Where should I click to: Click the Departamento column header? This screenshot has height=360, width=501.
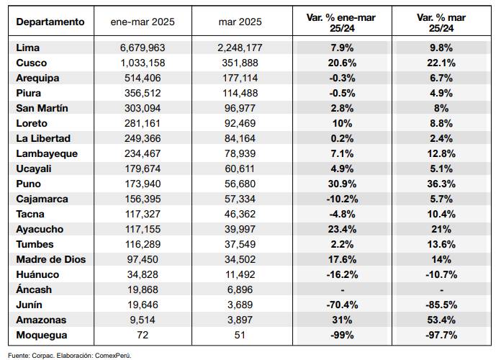tap(50, 22)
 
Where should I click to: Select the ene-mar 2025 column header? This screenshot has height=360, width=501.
tap(143, 22)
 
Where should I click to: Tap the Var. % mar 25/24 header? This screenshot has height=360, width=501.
tap(441, 23)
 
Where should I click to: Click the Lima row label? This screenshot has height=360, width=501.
tap(28, 48)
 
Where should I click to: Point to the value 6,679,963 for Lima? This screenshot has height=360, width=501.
tap(143, 48)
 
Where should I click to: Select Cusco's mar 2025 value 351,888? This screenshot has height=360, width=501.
tap(240, 63)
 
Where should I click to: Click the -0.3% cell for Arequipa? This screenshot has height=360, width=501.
tap(342, 78)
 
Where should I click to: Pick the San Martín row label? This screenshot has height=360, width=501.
tap(42, 108)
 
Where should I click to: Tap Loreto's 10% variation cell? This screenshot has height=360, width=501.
tap(342, 123)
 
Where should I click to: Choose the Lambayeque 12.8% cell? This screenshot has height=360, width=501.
tap(441, 153)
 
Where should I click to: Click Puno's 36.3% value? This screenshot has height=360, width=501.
tap(441, 184)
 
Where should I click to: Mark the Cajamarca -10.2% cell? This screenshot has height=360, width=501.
tap(342, 199)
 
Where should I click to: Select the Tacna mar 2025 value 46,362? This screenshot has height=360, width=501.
tap(240, 214)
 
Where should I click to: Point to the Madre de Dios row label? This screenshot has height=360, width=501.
tap(51, 259)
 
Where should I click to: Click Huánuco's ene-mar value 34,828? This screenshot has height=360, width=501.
tap(143, 274)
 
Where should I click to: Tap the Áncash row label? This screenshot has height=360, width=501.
tap(34, 289)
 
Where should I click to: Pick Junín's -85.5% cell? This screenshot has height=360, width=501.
tap(441, 305)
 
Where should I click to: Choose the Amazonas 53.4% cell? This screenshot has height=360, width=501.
tap(441, 320)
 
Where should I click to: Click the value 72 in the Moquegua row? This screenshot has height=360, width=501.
tap(143, 335)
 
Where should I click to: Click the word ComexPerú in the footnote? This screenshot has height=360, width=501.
tap(113, 356)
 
